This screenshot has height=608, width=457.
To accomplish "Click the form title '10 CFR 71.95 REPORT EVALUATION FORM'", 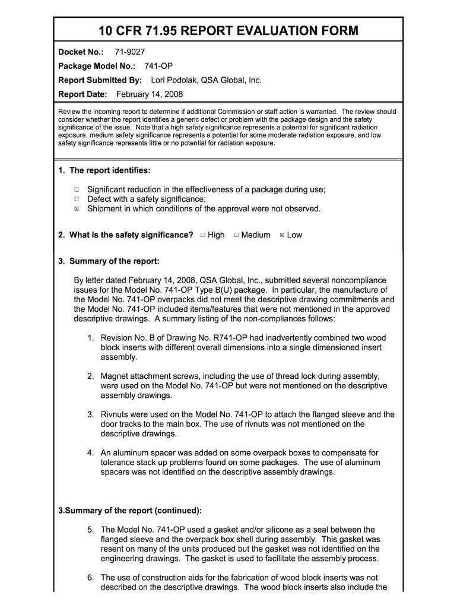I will tap(228, 30).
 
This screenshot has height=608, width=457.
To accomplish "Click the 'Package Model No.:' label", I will tap(97, 66).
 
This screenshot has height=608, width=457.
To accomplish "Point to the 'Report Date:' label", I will tap(82, 94).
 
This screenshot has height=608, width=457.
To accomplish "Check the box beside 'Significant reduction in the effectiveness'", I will tap(77, 190).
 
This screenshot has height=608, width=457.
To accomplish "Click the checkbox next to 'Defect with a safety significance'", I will tap(77, 199).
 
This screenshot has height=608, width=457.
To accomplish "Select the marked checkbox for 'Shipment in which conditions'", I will tap(77, 209).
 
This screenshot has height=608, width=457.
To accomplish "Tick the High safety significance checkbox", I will tap(203, 235).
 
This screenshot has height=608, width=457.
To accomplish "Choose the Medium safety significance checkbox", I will tap(236, 235).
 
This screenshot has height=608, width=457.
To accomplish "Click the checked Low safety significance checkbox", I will tap(282, 235).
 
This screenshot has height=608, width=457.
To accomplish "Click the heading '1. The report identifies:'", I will tap(104, 171).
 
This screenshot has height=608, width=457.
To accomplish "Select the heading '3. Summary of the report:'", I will tap(109, 261).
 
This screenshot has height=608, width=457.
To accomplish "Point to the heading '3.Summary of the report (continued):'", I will tap(129, 511).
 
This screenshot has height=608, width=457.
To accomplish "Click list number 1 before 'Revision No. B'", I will tap(90, 338).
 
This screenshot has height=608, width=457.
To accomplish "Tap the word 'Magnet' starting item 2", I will tap(116, 376).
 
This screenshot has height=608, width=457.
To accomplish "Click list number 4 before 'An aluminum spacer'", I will tap(90, 453).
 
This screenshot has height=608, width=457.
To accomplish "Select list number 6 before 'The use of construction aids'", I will tap(90, 578).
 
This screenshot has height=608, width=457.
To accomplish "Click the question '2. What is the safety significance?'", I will tap(126, 235).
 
